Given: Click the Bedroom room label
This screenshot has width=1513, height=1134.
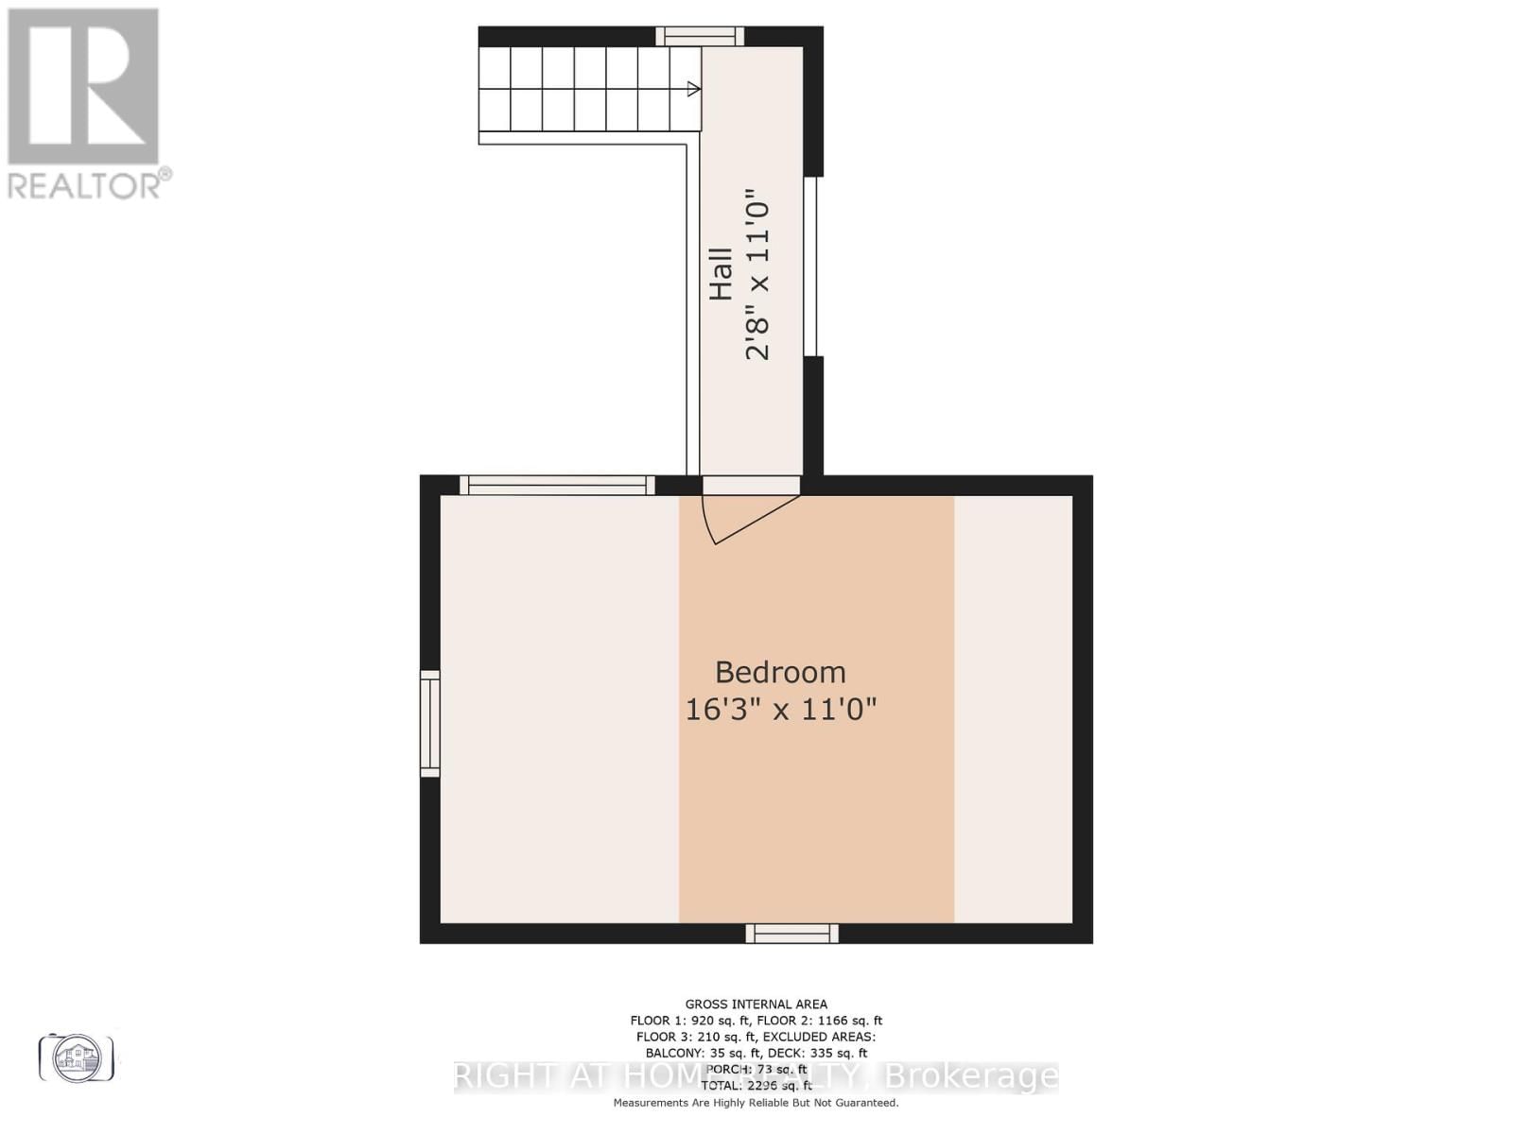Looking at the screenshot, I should [780, 672].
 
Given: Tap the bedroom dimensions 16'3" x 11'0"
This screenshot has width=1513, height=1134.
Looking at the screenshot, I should [780, 709].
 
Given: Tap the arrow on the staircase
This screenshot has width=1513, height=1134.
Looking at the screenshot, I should [693, 89].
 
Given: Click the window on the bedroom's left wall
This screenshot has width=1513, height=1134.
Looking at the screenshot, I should [430, 724].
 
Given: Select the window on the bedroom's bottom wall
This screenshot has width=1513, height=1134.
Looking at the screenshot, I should [792, 934].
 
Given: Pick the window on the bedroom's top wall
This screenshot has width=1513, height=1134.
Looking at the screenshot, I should [557, 486].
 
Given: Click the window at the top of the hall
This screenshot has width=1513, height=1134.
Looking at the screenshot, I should [700, 37].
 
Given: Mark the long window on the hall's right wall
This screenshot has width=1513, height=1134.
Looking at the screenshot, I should [810, 266].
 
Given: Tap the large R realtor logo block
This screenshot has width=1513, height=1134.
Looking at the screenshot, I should [83, 86].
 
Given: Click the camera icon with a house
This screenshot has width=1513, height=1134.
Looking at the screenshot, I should [77, 1057].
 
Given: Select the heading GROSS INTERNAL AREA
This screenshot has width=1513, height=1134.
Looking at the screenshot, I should [756, 1005].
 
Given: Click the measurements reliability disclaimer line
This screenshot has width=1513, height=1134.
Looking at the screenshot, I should [756, 1103].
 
